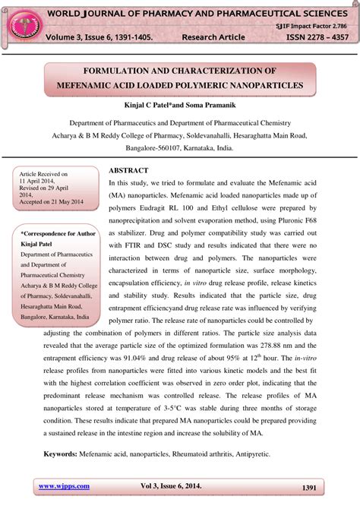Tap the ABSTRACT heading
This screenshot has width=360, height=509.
click(128, 171)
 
